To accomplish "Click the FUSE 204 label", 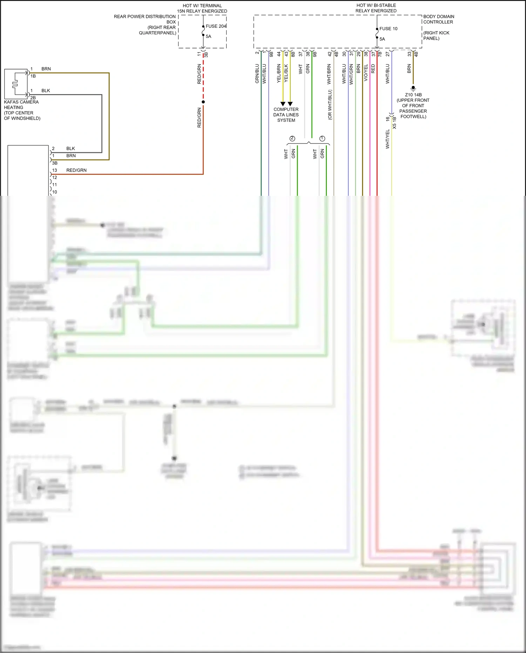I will (x=216, y=26).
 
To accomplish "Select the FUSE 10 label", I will (x=388, y=29).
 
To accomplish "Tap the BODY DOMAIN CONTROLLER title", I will (x=438, y=19).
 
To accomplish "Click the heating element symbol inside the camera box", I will (x=15, y=84).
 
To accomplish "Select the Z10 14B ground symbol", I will (x=413, y=88).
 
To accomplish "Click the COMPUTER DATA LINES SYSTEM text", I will (x=286, y=115).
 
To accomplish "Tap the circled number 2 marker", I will (x=292, y=139).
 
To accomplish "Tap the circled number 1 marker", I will (x=322, y=139).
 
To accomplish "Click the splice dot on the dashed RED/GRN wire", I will (x=203, y=102).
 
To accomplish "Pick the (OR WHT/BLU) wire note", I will (x=330, y=105).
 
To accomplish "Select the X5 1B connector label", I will (x=394, y=123).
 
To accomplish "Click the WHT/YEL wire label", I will (x=387, y=139).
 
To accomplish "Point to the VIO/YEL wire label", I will (x=366, y=73).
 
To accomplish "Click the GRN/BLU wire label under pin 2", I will (x=257, y=74).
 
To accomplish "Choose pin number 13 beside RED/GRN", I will (x=54, y=170).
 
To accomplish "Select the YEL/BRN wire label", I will (x=279, y=73).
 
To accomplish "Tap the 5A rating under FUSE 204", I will (x=208, y=36).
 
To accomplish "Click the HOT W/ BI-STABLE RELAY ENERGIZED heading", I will (x=376, y=8).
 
